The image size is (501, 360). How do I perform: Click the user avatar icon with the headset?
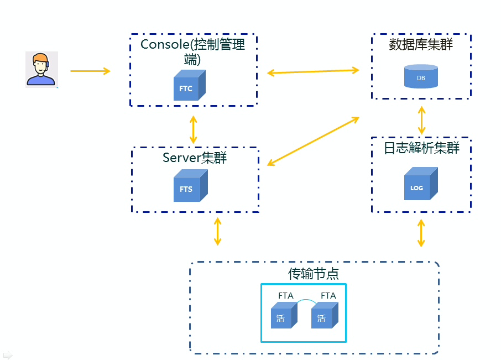click(41, 70)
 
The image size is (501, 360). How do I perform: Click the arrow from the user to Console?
click(90, 71)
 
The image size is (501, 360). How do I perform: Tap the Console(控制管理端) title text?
click(193, 50)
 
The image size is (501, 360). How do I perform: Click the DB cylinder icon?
click(421, 76)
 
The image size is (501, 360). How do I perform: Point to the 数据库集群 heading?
click(421, 45)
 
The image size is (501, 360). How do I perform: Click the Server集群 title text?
click(195, 158)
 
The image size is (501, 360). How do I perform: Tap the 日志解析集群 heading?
click(421, 148)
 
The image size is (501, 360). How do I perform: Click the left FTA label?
click(286, 296)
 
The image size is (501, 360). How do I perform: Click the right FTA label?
click(328, 296)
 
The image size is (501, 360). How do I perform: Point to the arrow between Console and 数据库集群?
click(314, 71)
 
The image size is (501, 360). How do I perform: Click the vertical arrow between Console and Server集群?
click(193, 130)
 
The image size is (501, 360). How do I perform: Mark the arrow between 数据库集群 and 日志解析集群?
click(422, 120)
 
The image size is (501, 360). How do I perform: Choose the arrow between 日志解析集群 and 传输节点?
click(421, 233)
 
